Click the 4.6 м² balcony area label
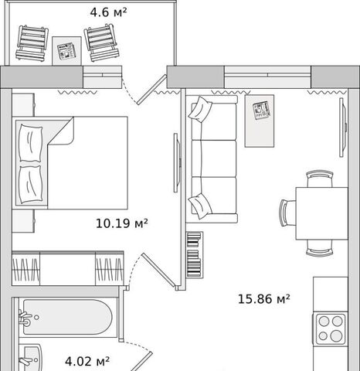click(108, 12)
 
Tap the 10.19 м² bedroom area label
click(122, 223)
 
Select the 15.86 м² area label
click(263, 299)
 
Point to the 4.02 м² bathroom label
click(87, 361)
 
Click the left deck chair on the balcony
click(32, 43)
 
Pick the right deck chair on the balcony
click(102, 43)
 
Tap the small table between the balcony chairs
click(66, 51)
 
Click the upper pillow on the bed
click(31, 143)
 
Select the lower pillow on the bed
click(31, 185)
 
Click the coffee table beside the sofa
click(260, 121)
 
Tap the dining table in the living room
click(321, 213)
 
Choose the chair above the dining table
click(320, 179)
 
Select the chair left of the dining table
click(287, 213)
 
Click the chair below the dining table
click(320, 248)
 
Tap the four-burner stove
click(330, 329)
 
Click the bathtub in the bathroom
click(68, 317)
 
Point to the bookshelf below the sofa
click(195, 254)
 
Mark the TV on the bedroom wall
click(176, 162)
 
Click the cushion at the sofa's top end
click(200, 111)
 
